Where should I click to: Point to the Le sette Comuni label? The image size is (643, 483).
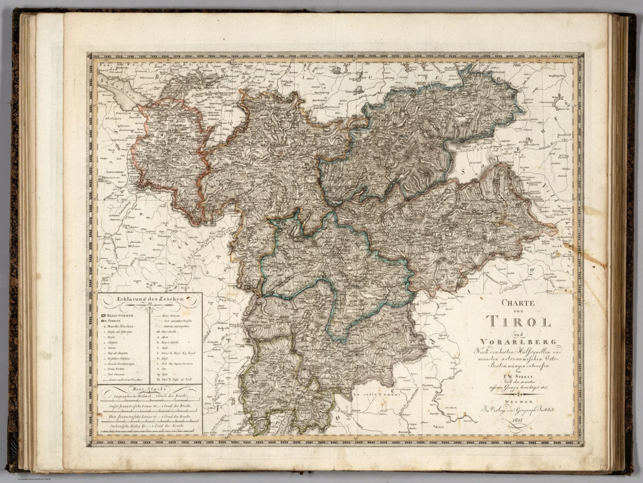pyautogui.click(x=376, y=394)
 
